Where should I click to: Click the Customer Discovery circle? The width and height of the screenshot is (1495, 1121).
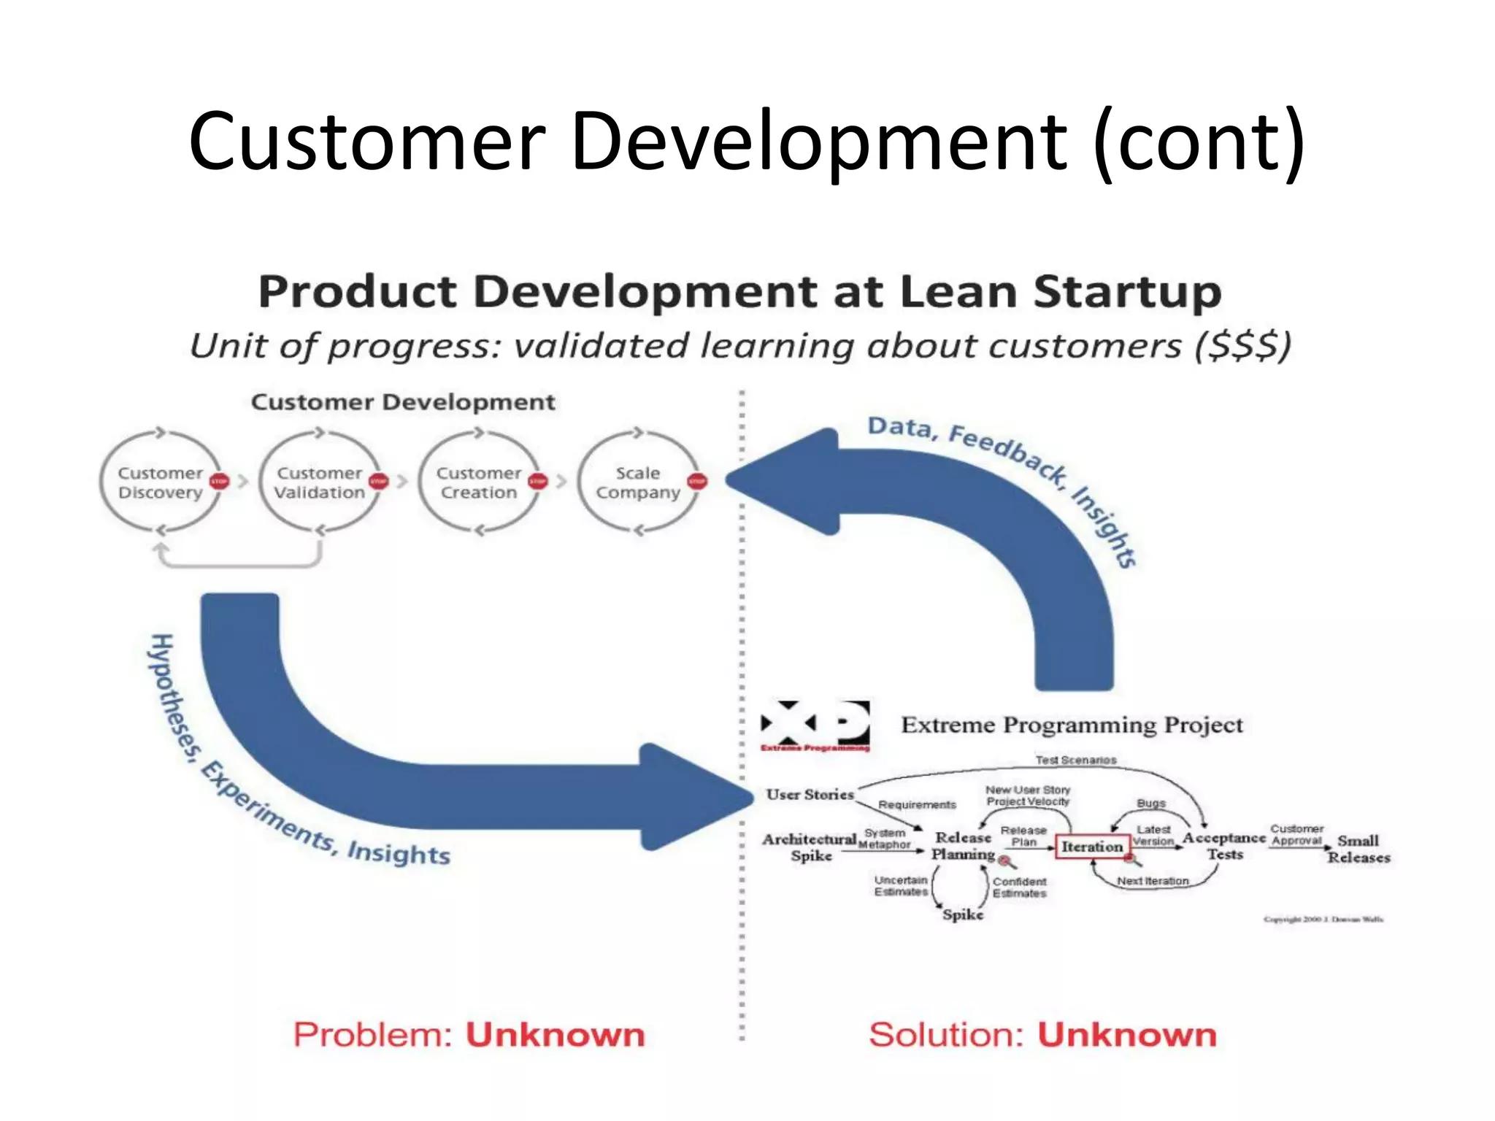(x=160, y=482)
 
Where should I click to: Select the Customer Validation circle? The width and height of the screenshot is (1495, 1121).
(x=319, y=482)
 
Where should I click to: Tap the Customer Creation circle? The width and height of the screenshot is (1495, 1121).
(x=478, y=482)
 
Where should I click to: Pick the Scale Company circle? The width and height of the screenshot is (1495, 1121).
(x=637, y=482)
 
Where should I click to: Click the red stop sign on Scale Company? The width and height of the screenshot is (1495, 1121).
(x=697, y=481)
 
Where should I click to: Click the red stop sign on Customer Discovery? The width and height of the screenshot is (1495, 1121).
(x=219, y=481)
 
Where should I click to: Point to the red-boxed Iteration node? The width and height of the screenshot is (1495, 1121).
(x=1091, y=847)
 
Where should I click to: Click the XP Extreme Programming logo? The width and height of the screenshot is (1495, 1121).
(x=815, y=725)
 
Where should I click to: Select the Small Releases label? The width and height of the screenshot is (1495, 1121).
(x=1358, y=849)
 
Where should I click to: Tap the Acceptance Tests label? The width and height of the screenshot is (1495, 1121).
(x=1224, y=846)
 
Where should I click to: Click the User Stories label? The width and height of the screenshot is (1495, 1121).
(x=810, y=794)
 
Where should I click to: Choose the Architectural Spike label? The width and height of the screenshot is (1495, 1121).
(x=810, y=847)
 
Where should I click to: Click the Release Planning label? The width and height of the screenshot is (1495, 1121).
(x=963, y=846)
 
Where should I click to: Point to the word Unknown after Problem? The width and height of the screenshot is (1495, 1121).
(x=555, y=1035)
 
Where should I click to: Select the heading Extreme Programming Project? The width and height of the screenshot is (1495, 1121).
(x=1072, y=725)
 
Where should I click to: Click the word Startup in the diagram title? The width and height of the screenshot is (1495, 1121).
(x=1127, y=292)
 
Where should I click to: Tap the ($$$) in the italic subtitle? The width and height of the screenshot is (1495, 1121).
(x=1243, y=345)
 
